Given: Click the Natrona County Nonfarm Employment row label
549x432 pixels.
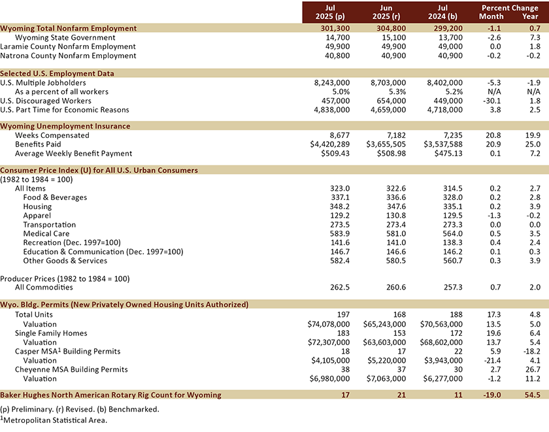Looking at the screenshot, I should (x=69, y=56).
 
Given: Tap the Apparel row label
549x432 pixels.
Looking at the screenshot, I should (x=37, y=215).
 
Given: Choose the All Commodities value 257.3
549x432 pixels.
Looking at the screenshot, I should (x=451, y=287).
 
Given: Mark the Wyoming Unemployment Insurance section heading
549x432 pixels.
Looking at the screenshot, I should (x=65, y=126).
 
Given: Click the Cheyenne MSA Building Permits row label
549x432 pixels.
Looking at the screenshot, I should (x=69, y=369).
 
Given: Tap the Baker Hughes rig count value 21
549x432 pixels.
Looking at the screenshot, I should (x=399, y=395).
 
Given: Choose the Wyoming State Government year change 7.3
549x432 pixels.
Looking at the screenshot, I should (x=535, y=38).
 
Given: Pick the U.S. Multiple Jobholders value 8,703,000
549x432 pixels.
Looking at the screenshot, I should (x=384, y=83).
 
